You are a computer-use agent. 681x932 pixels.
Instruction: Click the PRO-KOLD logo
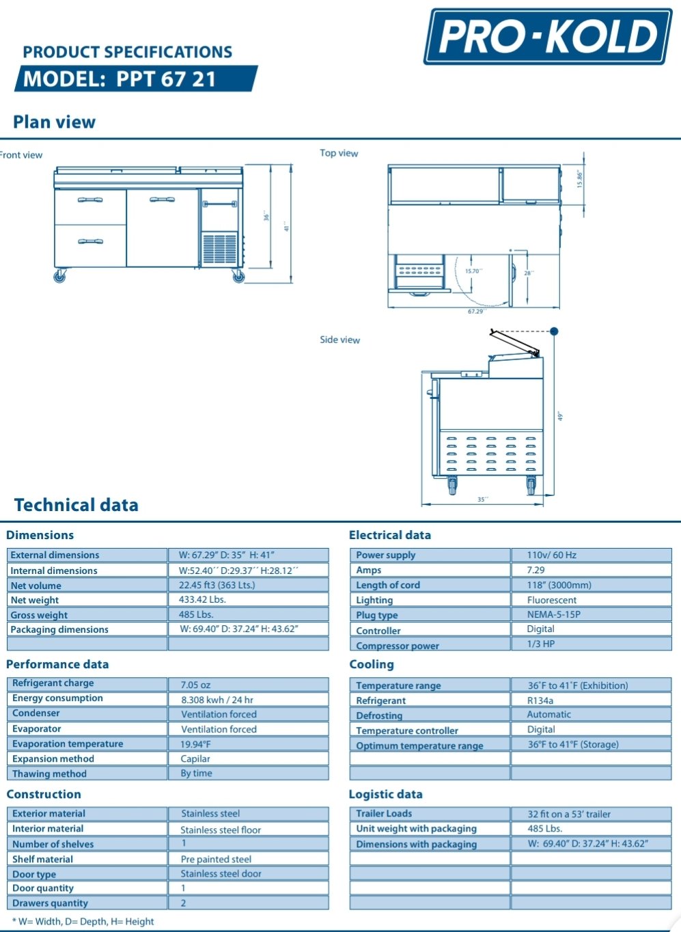[548, 36]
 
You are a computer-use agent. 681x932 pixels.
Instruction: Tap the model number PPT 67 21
[166, 79]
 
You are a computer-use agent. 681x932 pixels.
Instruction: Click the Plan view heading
[54, 122]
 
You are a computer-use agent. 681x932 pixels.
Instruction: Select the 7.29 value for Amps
[536, 570]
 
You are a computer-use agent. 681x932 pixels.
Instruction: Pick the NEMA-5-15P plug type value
[553, 614]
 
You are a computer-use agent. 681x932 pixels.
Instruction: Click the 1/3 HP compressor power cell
[541, 644]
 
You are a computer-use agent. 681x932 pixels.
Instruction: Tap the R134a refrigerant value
[540, 700]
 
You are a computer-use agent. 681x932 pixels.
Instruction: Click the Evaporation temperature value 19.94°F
[196, 744]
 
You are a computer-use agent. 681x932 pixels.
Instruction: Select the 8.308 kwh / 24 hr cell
[217, 700]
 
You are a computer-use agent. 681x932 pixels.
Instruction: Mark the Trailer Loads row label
[384, 813]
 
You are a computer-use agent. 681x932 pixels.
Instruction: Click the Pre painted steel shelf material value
[216, 859]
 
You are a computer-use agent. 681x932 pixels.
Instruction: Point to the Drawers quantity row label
[51, 903]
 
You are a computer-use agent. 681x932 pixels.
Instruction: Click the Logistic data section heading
[385, 794]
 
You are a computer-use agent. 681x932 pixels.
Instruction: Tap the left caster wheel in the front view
[60, 276]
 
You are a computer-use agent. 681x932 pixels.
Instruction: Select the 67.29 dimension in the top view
[475, 312]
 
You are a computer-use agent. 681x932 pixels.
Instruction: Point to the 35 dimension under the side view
[482, 499]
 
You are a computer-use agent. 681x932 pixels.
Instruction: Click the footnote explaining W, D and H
[83, 921]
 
